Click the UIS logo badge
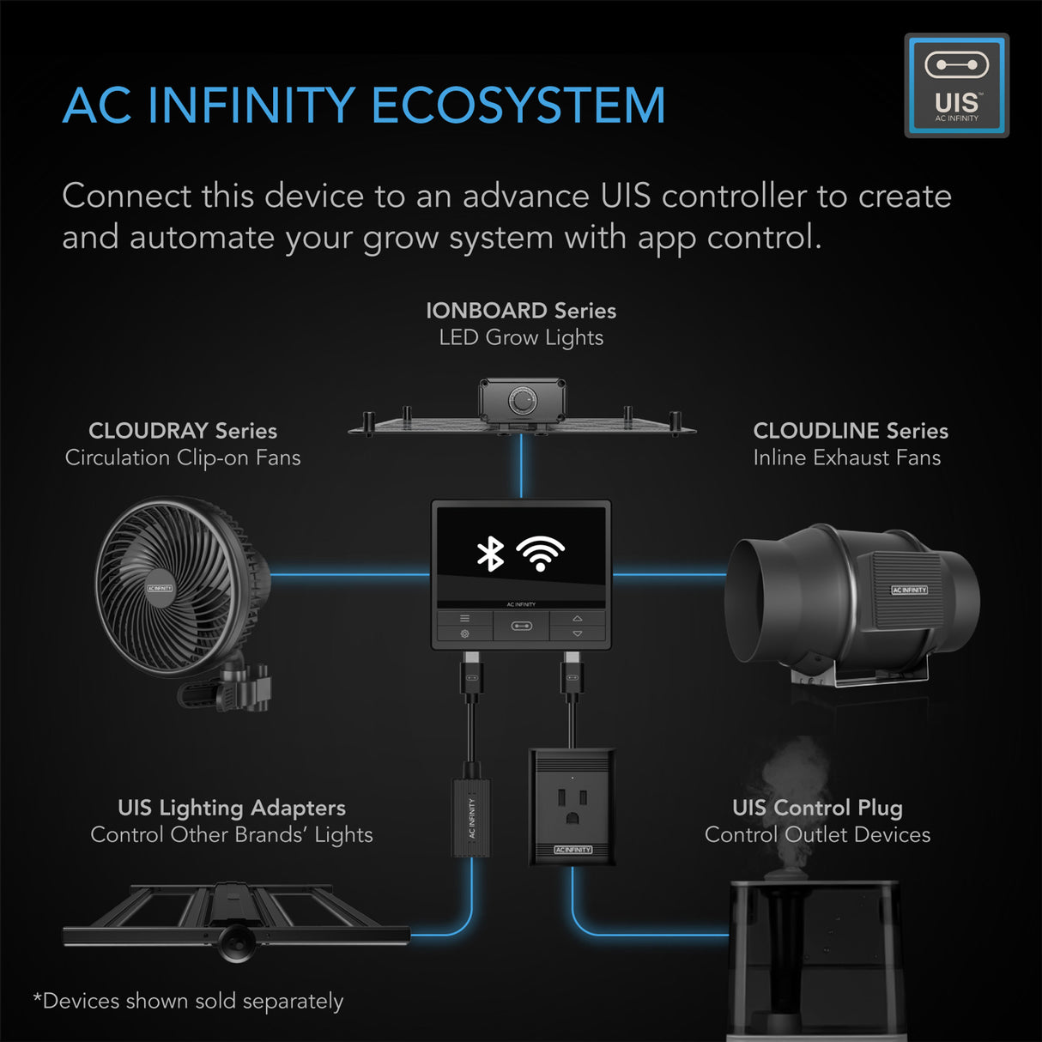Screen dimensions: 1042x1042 [956, 85]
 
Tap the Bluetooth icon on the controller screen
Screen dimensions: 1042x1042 [490, 554]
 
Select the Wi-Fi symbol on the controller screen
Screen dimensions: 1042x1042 [540, 554]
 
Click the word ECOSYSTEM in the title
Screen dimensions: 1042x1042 [518, 106]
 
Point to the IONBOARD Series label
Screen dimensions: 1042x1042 [520, 311]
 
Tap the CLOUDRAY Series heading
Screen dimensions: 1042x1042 [182, 431]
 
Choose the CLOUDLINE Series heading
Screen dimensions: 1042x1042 [850, 431]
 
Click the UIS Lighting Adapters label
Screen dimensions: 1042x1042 [232, 808]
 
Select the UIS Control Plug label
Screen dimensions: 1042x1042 [817, 808]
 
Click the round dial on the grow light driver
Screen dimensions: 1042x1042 [521, 399]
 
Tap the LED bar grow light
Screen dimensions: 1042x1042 [236, 923]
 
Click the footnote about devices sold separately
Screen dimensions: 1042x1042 [188, 1001]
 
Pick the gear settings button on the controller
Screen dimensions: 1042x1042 [464, 633]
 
